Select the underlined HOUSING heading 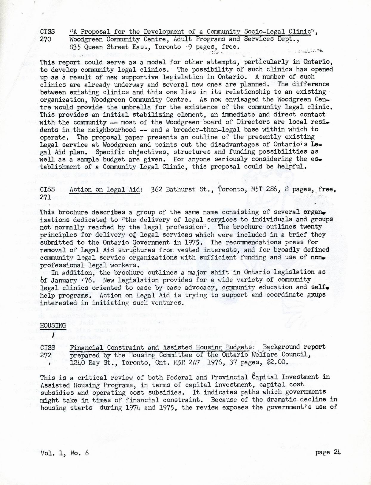[49, 326]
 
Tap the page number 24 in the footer [337, 452]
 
